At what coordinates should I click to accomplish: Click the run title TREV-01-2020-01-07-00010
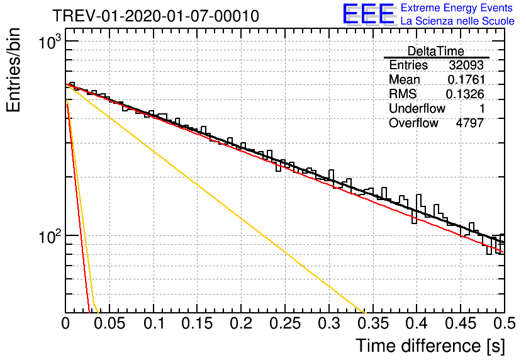pos(156,16)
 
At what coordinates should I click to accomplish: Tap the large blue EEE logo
pos(369,14)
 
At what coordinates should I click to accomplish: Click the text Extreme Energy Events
pos(457,8)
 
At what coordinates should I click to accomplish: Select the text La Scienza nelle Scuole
pos(457,21)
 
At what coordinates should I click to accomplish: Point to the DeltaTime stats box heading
pos(435,52)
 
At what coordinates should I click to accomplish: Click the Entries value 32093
pos(466,65)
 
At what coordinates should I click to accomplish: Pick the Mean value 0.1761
pos(466,79)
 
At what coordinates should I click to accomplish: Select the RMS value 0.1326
pos(465,94)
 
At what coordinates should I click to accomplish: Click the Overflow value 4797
pos(469,123)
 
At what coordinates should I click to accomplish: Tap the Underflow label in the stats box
pos(417,109)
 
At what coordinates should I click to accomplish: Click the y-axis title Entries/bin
pos(13,70)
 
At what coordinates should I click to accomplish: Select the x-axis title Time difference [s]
pos(430,346)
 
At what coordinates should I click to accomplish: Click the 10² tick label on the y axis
pos(51,236)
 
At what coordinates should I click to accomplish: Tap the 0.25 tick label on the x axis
pos(285,323)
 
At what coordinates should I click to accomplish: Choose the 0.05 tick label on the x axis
pos(109,323)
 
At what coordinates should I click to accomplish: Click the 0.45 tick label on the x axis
pos(461,323)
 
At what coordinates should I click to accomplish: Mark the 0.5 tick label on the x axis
pos(505,323)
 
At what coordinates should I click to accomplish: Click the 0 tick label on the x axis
pos(65,323)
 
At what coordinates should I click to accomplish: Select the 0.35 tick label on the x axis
pos(373,323)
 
